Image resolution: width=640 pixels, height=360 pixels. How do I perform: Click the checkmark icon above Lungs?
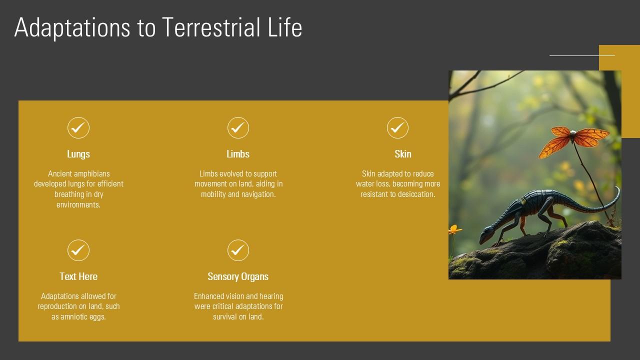click(78, 128)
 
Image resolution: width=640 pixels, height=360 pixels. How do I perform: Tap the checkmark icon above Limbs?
click(238, 128)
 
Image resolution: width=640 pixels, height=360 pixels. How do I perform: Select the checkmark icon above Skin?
click(397, 128)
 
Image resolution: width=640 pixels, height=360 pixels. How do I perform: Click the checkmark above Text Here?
click(78, 250)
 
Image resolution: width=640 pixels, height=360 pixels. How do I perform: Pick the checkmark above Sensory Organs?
click(238, 250)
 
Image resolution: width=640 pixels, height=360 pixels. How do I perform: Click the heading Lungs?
click(78, 154)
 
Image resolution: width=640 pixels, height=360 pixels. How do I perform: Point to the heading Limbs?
click(238, 154)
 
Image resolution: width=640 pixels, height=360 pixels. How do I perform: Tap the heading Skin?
click(402, 154)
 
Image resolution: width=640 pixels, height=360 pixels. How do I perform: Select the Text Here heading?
click(78, 276)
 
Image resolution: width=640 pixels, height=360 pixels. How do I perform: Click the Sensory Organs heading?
click(238, 276)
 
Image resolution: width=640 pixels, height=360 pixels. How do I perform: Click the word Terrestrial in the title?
click(209, 27)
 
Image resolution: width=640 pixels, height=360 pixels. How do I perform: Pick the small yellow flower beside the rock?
click(454, 230)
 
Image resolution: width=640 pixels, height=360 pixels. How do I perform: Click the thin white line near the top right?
click(581, 55)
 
